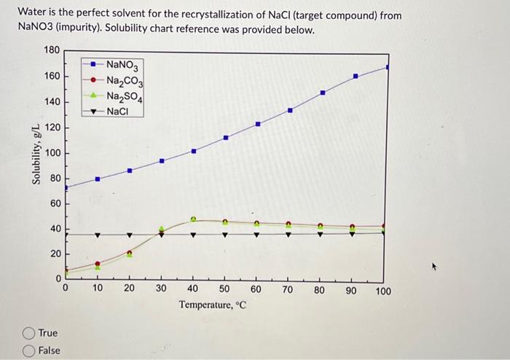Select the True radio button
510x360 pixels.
30,333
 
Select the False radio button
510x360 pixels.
30,350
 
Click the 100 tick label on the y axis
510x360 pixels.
52,153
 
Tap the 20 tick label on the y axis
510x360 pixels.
55,253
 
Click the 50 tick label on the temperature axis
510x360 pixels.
224,291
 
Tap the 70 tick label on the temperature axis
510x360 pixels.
288,291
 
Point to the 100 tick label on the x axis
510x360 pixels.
383,291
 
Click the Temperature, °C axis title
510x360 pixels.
213,305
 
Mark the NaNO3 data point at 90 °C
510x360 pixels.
356,76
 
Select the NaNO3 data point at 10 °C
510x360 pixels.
98,179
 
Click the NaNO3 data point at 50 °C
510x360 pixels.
226,137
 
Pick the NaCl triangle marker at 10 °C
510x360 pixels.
98,235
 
